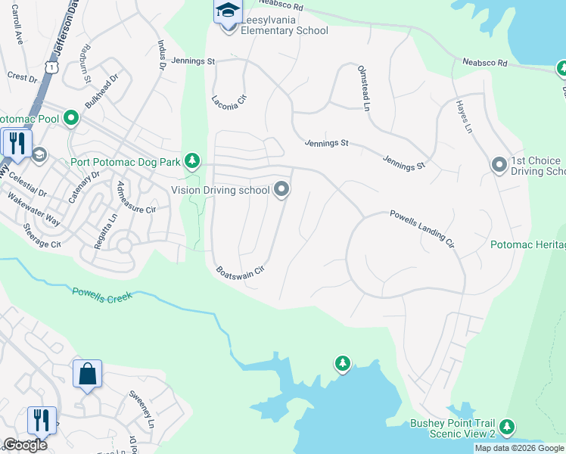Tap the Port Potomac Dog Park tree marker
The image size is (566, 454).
coord(193,160)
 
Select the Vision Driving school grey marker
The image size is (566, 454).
coord(281,189)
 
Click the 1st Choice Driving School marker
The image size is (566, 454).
coord(499,164)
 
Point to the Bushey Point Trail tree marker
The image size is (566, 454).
coord(506,427)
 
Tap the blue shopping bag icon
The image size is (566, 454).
coord(87,373)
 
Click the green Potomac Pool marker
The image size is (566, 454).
coord(71,118)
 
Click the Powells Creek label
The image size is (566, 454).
coord(102,294)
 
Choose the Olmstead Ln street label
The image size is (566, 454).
coord(363,88)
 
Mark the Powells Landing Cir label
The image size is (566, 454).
coord(421,229)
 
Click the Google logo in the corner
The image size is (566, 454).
coord(25,445)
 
